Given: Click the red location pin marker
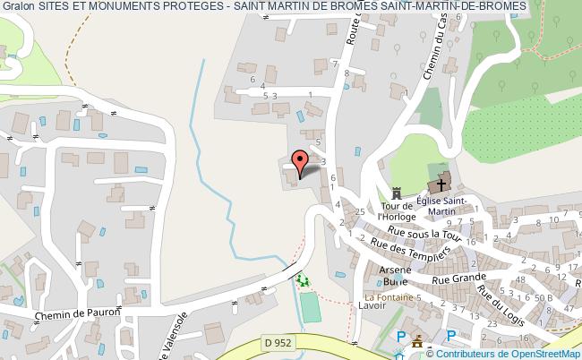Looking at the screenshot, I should coord(301,161).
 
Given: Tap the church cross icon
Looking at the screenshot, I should coord(440,185).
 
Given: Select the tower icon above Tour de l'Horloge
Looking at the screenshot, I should coord(396,192).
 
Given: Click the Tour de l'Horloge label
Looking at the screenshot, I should coord(395,211).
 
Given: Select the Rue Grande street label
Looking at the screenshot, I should coord(453,279).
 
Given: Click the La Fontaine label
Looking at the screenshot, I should coord(387,296).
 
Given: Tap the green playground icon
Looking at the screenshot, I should coord(302,280).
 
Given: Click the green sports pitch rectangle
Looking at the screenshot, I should coord(311,307).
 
